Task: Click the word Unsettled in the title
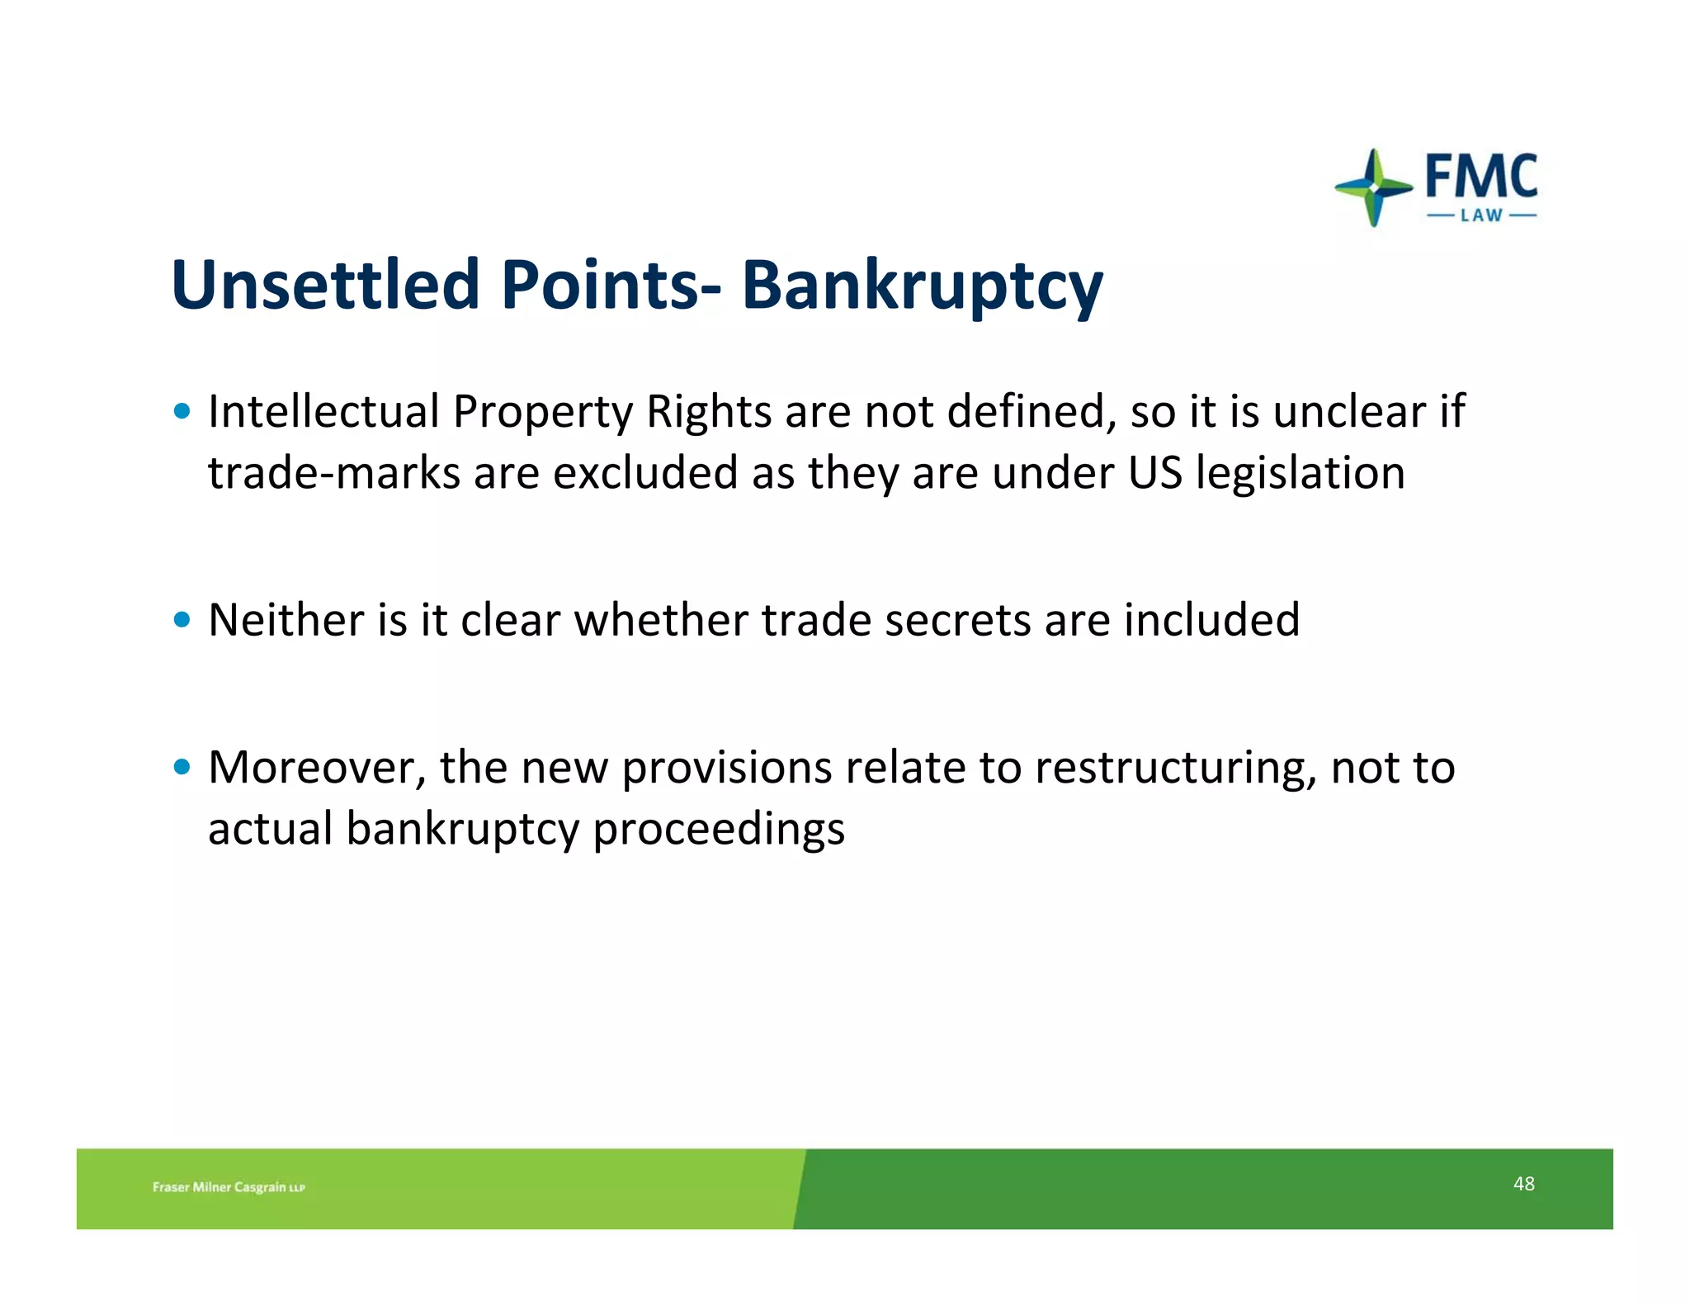tap(325, 285)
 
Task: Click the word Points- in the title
tap(611, 285)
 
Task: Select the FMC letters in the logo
tap(1481, 176)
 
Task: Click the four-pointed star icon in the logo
tap(1373, 187)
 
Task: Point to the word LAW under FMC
tap(1482, 215)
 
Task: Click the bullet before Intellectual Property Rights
tap(182, 411)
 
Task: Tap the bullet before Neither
tap(182, 620)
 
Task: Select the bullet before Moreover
tap(182, 768)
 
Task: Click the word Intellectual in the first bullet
tap(323, 411)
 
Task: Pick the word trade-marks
tap(333, 474)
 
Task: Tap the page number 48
tap(1523, 1184)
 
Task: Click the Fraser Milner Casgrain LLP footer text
tap(229, 1187)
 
